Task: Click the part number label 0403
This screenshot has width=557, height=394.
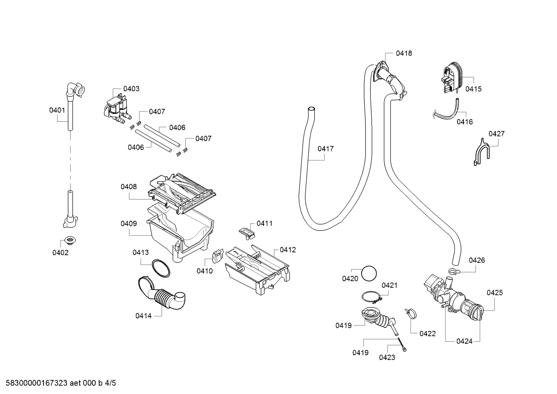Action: (131, 89)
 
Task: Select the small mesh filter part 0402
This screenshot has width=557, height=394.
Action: (70, 240)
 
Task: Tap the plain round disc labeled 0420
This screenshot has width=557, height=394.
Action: (369, 273)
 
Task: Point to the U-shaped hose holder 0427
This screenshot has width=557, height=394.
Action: (481, 152)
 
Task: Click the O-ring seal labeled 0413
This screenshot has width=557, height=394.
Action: (161, 268)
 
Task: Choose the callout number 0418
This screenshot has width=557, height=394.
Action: (404, 53)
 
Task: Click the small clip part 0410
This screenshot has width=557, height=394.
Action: (218, 256)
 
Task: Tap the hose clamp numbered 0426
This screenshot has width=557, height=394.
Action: (454, 271)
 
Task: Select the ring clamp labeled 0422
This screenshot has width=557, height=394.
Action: (411, 313)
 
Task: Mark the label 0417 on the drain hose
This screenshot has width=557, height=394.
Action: (326, 149)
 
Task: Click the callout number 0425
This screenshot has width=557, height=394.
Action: (494, 293)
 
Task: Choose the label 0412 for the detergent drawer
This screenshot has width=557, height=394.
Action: (288, 250)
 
